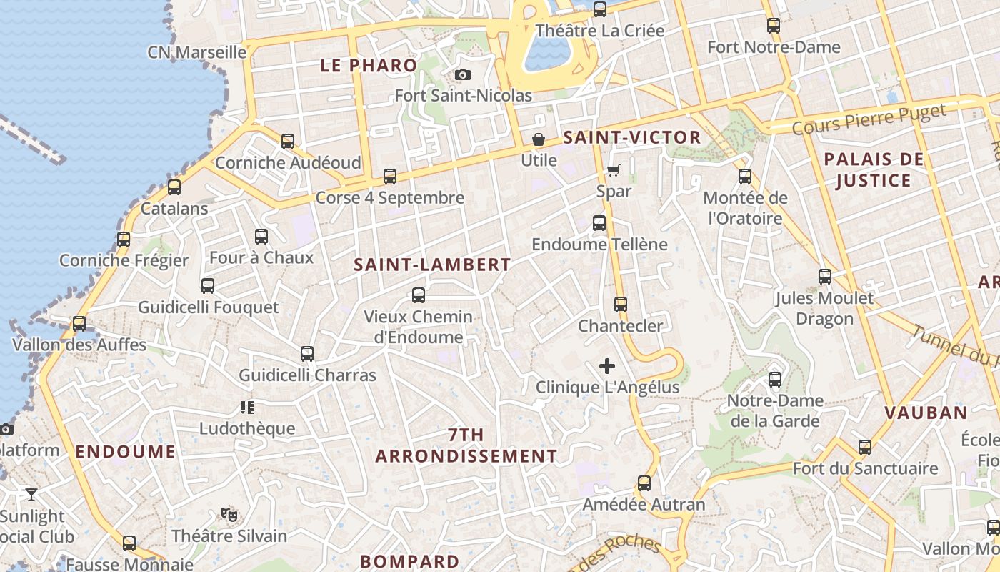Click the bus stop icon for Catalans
(174, 187)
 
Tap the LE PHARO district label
(369, 66)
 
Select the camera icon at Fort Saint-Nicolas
(463, 74)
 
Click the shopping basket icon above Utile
(539, 139)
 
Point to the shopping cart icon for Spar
(614, 170)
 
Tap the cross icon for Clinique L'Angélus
(607, 366)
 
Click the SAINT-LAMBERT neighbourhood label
(433, 265)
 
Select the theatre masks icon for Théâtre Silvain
(229, 514)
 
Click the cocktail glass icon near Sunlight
(31, 494)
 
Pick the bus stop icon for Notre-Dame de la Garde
(775, 379)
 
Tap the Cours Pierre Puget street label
(869, 119)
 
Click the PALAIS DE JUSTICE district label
(874, 169)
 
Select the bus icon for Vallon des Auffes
(79, 323)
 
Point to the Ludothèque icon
(247, 408)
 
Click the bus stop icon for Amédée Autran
(644, 483)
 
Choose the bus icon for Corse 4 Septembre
(390, 176)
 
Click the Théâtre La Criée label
(600, 31)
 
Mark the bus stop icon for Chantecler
(621, 304)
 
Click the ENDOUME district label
(126, 452)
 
